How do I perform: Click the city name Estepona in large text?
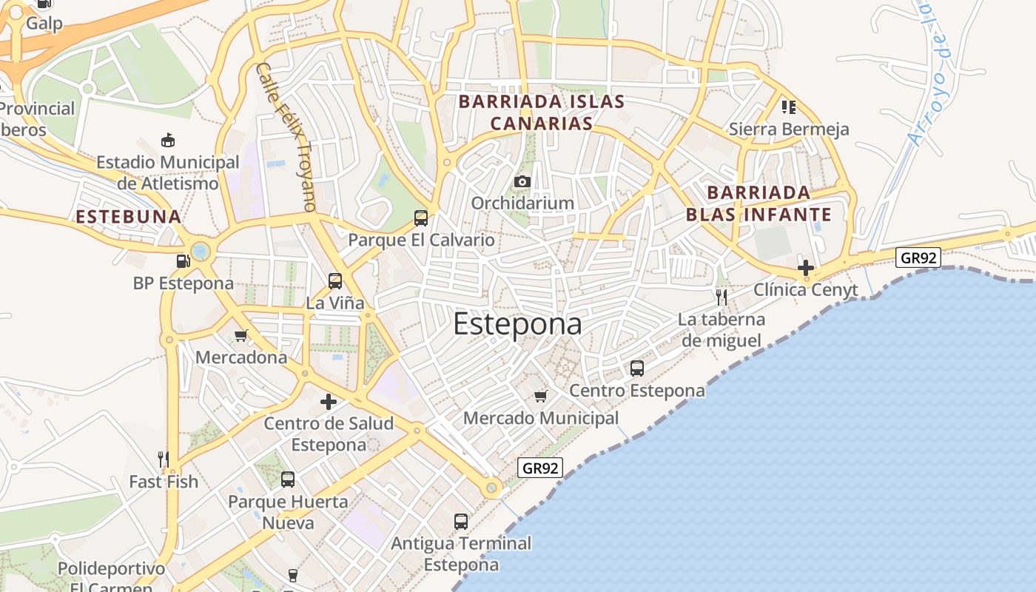[x=517, y=324]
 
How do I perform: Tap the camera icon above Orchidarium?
[x=522, y=181]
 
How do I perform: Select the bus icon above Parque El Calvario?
[x=421, y=218]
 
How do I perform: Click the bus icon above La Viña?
[x=335, y=281]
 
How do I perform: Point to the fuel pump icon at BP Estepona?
[x=182, y=260]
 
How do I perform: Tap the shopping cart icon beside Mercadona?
[x=240, y=336]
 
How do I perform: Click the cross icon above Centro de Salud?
[x=329, y=402]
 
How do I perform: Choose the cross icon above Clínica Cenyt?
[x=806, y=268]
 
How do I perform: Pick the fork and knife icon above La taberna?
[x=721, y=297]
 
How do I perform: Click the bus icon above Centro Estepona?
[x=636, y=368]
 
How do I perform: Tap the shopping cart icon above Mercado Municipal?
[x=540, y=397]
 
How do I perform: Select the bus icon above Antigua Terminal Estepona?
[x=461, y=521]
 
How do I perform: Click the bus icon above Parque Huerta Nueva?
[x=288, y=480]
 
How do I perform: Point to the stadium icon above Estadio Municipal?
[x=168, y=140]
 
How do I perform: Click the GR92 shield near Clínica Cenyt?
[x=918, y=257]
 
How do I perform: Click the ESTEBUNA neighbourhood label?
[x=129, y=217]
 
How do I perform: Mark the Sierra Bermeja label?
[x=789, y=129]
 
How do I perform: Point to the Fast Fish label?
[x=164, y=482]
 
